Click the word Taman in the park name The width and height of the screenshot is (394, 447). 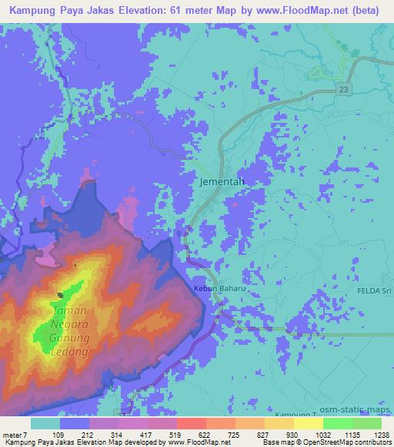point(68,312)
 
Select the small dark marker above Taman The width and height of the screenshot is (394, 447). point(60,294)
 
